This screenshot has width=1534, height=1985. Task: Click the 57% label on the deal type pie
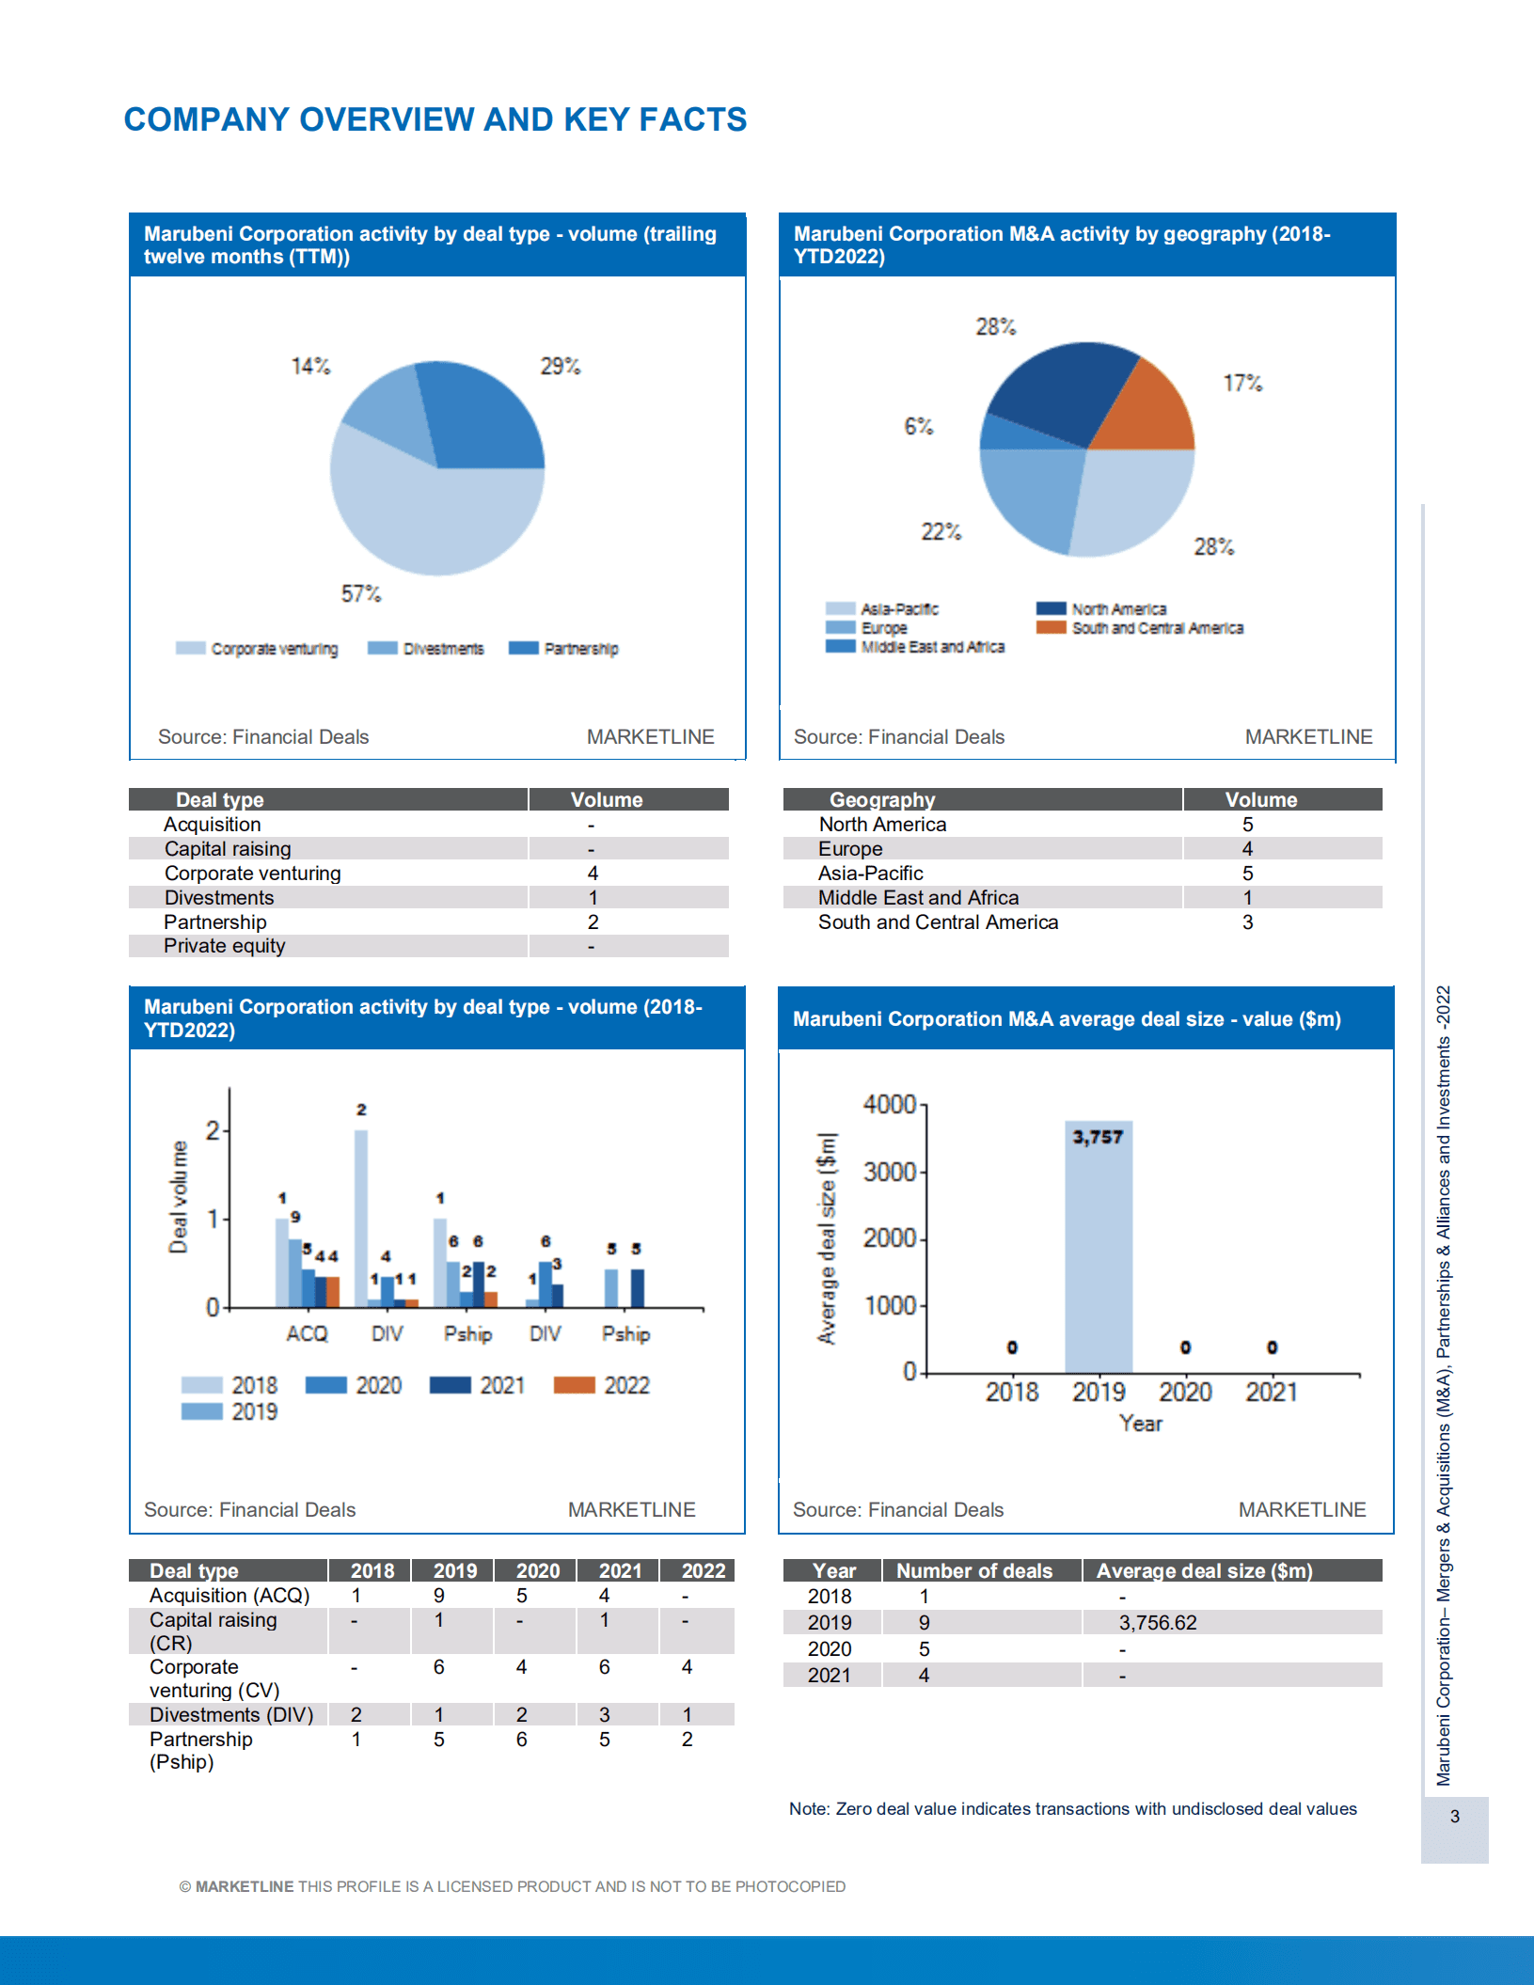coord(361,593)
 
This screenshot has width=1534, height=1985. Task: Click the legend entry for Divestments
coord(442,649)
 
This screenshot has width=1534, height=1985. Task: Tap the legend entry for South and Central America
coord(1157,628)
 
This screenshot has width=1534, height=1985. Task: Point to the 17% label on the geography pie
coord(1241,383)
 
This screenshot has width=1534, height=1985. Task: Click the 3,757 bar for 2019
coord(1098,1251)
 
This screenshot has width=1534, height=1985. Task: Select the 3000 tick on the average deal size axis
coord(889,1172)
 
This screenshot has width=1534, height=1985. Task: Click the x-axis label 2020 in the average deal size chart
coord(1184,1392)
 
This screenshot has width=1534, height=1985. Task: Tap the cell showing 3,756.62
coord(1158,1623)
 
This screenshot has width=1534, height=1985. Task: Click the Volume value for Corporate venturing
coord(593,874)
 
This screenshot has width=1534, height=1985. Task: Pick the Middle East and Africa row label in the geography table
coord(918,898)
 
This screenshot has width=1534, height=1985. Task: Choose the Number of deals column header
coord(973,1571)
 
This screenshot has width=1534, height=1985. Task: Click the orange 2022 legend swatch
coord(574,1385)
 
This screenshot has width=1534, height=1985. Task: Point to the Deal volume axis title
coord(178,1197)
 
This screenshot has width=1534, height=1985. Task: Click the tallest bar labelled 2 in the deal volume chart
coord(361,1218)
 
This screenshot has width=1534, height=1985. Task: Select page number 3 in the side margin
coord(1454,1817)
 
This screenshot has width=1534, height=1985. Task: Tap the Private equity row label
coord(224,946)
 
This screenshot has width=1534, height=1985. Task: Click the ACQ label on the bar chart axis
coord(307,1333)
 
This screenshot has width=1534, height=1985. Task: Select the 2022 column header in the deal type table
coord(703,1571)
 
